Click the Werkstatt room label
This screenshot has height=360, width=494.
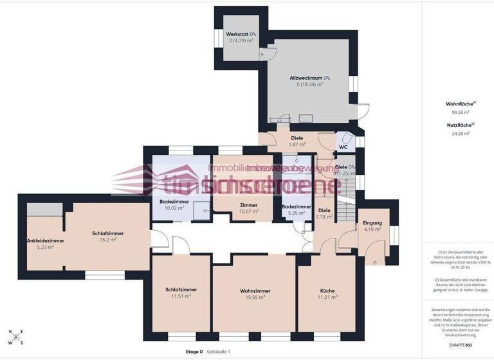pos(237,34)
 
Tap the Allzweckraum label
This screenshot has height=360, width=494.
pos(306,77)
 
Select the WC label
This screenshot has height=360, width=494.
pos(343,147)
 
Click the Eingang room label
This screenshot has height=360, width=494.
pos(372,222)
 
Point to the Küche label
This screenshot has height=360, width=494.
pos(327,291)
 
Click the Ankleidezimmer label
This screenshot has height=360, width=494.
pos(45,241)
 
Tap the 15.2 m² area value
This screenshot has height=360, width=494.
pos(108,240)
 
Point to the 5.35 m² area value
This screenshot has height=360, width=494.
pos(297,213)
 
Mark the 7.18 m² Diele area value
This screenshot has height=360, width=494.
pos(325,217)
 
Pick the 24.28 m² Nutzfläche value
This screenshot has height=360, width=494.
pos(461,134)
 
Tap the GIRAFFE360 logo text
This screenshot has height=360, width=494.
pos(461,345)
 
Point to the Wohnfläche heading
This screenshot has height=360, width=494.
pos(459,104)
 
